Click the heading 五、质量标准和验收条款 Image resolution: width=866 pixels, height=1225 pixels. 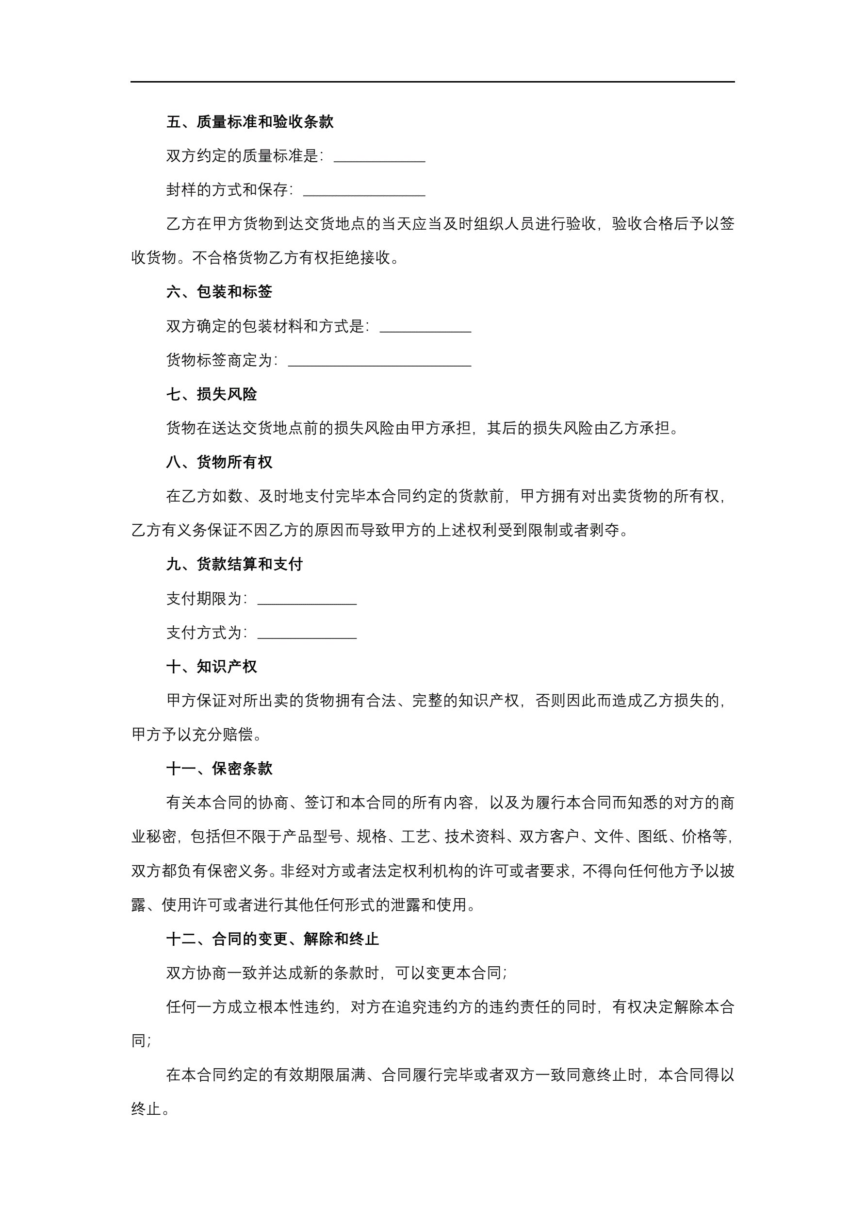pos(249,122)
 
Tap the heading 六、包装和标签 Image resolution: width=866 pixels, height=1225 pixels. pos(219,292)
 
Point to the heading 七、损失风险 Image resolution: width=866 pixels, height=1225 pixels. pos(212,394)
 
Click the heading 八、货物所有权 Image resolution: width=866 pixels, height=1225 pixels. pos(219,462)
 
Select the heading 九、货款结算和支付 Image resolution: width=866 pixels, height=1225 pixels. pos(235,564)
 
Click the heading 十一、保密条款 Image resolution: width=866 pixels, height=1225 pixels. pos(219,768)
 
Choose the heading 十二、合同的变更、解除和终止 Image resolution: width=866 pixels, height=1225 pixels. pos(273,939)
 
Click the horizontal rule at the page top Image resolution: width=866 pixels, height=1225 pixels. pos(432,82)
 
